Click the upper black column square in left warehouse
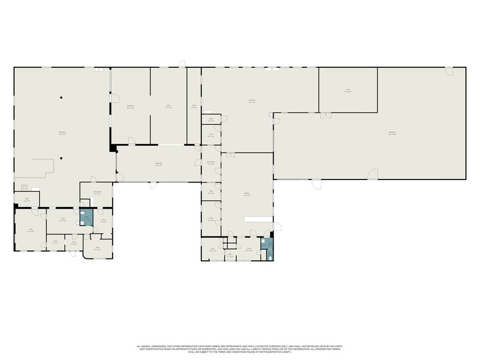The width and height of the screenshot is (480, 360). click(61, 97)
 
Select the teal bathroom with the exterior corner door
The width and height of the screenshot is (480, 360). click(268, 247)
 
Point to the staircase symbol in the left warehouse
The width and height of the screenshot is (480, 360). click(24, 187)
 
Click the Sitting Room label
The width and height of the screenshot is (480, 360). click(96, 191)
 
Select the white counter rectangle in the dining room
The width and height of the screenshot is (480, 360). click(257, 219)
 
